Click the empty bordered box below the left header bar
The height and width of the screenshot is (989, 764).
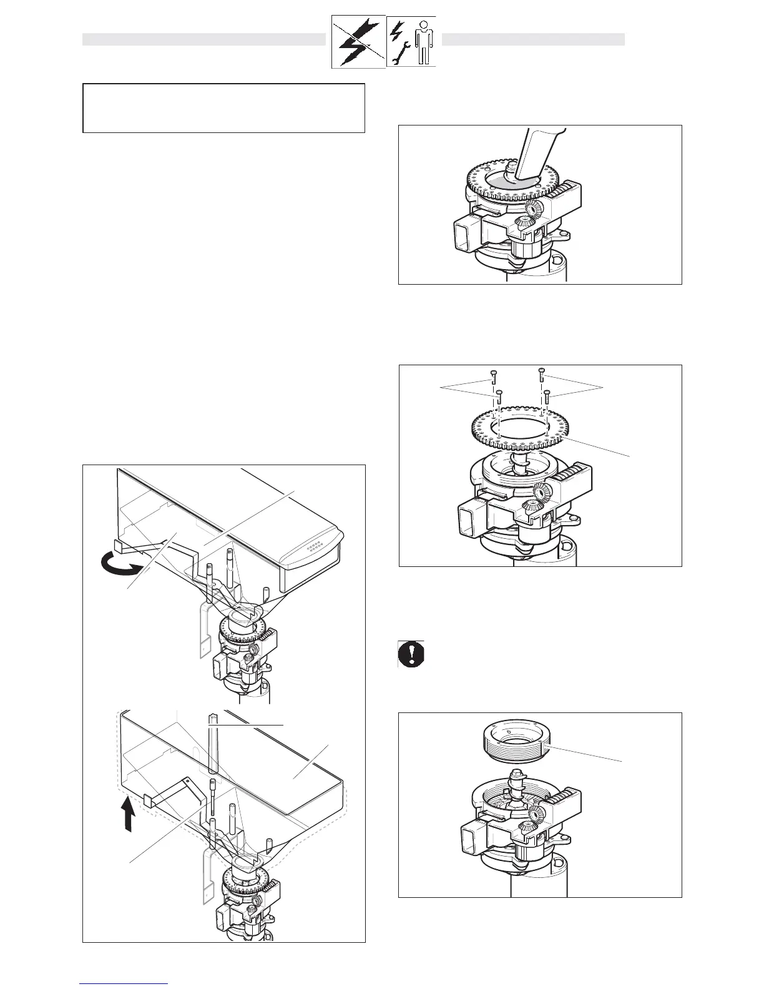point(223,108)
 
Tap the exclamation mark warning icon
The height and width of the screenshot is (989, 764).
point(411,654)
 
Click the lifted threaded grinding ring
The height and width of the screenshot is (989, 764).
point(516,744)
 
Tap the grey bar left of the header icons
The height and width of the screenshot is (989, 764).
point(204,40)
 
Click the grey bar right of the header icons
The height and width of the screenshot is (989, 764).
point(533,40)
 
